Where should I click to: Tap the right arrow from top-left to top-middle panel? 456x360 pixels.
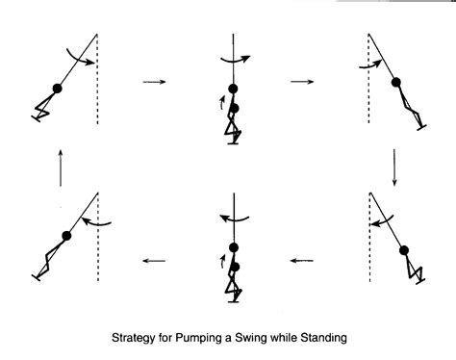click(155, 82)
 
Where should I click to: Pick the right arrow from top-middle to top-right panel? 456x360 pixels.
click(301, 82)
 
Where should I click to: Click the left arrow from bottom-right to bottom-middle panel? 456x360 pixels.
click(302, 258)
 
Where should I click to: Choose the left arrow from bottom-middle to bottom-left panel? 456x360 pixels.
click(155, 258)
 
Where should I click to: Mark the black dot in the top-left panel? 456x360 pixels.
click(57, 89)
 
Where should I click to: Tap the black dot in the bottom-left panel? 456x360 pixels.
click(66, 236)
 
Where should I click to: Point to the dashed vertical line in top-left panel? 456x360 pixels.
click(97, 96)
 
